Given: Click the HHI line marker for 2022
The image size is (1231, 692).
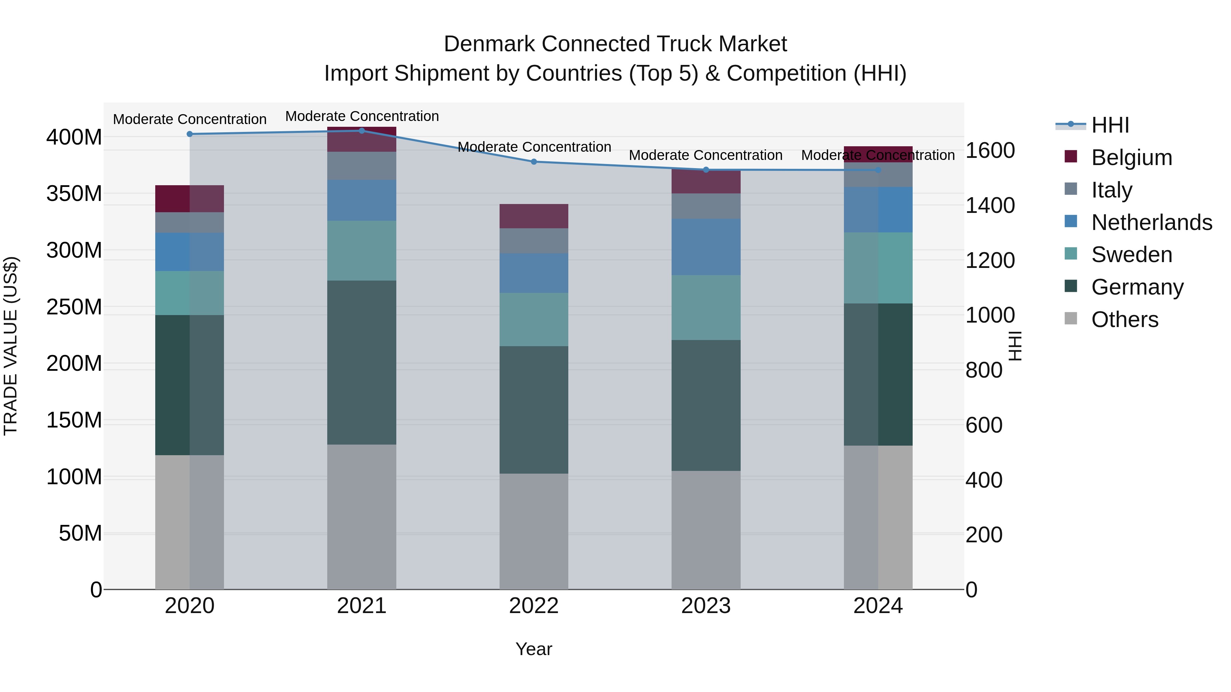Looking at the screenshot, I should (x=534, y=162).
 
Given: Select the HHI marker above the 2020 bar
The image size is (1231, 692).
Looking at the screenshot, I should (x=190, y=134).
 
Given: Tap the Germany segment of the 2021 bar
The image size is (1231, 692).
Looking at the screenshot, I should (x=362, y=363).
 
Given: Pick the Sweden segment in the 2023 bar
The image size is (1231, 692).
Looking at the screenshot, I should (x=706, y=308).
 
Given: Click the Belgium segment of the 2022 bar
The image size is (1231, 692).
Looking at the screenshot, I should (x=534, y=216).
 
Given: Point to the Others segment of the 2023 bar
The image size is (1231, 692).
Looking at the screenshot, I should (x=706, y=530).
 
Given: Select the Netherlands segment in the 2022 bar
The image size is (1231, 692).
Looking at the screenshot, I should (x=534, y=273).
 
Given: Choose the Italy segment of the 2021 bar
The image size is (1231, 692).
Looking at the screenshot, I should (x=362, y=166).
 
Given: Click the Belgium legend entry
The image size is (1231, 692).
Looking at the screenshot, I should (x=1131, y=158).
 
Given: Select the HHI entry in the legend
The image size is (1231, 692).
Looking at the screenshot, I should (x=1110, y=125).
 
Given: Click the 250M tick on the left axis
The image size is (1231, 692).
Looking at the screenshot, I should (x=74, y=307).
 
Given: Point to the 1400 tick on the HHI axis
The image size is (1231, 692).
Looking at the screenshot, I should (x=990, y=205).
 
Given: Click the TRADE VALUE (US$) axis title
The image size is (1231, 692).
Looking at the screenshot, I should (x=11, y=346).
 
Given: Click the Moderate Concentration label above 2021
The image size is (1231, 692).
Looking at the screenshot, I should (x=362, y=116).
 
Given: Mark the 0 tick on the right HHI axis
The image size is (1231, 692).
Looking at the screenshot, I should (x=971, y=590).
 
